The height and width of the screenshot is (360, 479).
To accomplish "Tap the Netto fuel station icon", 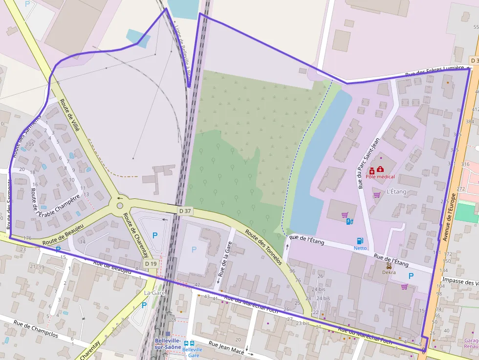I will coord(360,240).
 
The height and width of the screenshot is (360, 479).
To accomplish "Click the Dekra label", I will coord(389,273).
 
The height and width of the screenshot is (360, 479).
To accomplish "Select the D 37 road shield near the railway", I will coord(185,211).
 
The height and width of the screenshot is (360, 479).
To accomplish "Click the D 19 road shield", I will coord(151,263).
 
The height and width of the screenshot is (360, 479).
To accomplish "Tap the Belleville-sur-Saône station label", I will coord(168,343).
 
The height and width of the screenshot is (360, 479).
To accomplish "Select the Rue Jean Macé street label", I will coord(227,347).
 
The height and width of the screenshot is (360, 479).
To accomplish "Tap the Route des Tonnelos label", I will coord(263,247).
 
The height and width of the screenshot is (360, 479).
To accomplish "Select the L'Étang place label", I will coord(396,192).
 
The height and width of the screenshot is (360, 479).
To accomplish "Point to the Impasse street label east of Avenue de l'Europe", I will coord(459,282).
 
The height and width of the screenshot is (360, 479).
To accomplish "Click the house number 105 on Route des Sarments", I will coord(30,144).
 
